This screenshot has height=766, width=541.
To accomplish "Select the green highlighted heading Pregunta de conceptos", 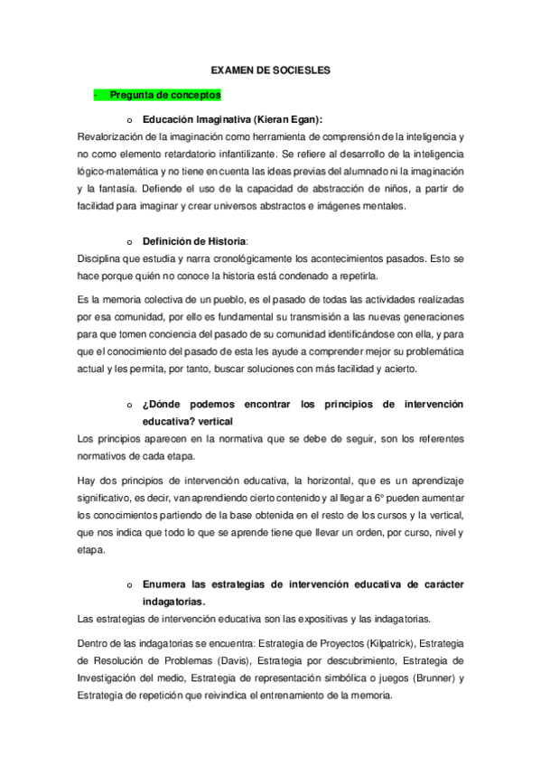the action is [x=164, y=94].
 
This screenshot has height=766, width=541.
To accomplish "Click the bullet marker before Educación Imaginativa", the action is [x=129, y=119].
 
